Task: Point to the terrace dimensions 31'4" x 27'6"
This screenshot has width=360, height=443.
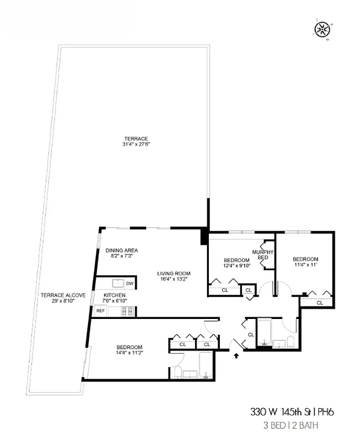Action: (136, 144)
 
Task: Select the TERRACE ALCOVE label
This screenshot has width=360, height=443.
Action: (63, 295)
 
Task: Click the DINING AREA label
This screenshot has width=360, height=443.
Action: (122, 250)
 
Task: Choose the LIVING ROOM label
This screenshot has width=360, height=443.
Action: (174, 274)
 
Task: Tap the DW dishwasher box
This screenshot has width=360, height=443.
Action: (130, 284)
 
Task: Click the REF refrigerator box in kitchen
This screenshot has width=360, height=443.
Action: (100, 311)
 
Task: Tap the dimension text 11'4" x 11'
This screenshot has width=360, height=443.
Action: (305, 265)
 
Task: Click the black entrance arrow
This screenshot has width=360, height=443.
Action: (236, 356)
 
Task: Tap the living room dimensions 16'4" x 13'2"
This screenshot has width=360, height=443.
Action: (174, 280)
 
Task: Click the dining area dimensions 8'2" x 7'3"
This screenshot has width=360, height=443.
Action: (122, 256)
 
